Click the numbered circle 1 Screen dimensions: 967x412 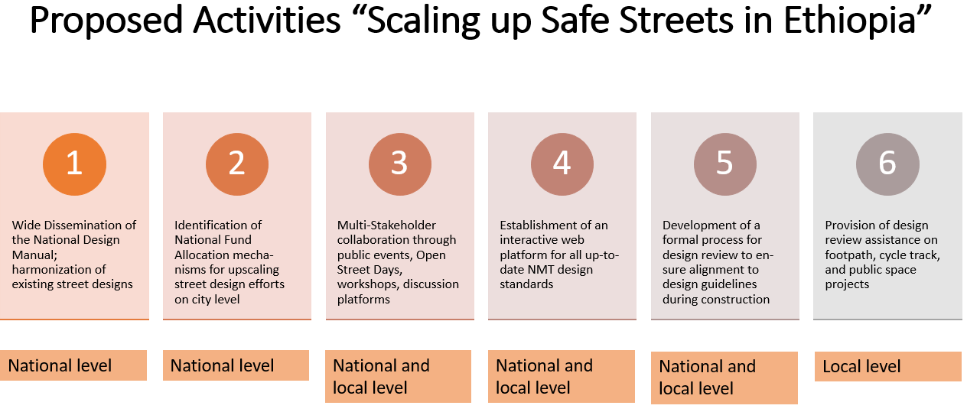click(x=74, y=164)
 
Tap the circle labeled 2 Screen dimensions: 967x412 click(x=237, y=164)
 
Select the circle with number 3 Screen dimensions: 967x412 click(x=400, y=164)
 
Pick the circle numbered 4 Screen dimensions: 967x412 click(x=562, y=164)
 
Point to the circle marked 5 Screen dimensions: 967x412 click(x=724, y=164)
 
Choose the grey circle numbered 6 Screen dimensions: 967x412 click(x=887, y=164)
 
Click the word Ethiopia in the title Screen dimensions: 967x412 click(x=849, y=21)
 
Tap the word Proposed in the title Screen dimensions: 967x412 click(x=106, y=21)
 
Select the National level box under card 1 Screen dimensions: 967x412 click(x=73, y=365)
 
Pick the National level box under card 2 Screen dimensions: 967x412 click(x=236, y=365)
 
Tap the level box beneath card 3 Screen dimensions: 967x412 click(x=398, y=376)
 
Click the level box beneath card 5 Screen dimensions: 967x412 click(x=724, y=378)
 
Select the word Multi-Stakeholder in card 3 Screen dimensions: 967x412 click(x=386, y=225)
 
